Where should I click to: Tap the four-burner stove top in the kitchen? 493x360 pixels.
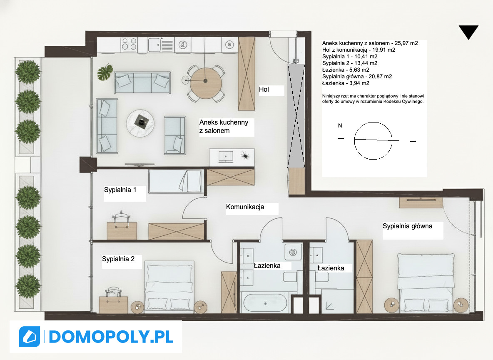pos(129,45)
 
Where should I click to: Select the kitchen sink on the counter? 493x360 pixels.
pos(154,45)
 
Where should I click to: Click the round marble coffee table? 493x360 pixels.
pos(140,123)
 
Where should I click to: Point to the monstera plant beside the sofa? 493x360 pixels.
pos(105,72)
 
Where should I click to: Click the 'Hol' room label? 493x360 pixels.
pos(264,89)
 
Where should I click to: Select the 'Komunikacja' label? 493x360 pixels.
pos(245,207)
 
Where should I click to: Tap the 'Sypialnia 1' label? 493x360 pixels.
pos(120,190)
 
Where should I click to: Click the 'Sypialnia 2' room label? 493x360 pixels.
pos(118,259)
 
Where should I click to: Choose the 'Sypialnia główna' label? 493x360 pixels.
pos(408,226)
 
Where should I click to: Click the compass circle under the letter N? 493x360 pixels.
pos(373,141)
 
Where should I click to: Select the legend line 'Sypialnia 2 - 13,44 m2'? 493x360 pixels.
pos(350,63)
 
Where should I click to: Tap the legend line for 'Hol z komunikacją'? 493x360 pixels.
pos(359,50)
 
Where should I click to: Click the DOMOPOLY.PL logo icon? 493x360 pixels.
pos(30,336)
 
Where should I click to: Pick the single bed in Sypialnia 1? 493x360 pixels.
pos(175,181)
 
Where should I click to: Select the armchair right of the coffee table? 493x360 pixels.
pos(175,135)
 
